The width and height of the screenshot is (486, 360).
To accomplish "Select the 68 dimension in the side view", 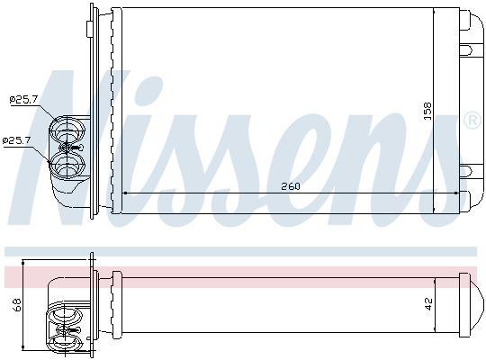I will click(16, 306).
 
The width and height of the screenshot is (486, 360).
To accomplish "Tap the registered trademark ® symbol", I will click(472, 119).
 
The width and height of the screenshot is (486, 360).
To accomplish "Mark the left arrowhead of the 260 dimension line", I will click(124, 193).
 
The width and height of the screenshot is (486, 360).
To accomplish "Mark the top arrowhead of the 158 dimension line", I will click(435, 14).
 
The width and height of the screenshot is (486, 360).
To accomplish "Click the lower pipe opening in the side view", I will click(66, 343).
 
